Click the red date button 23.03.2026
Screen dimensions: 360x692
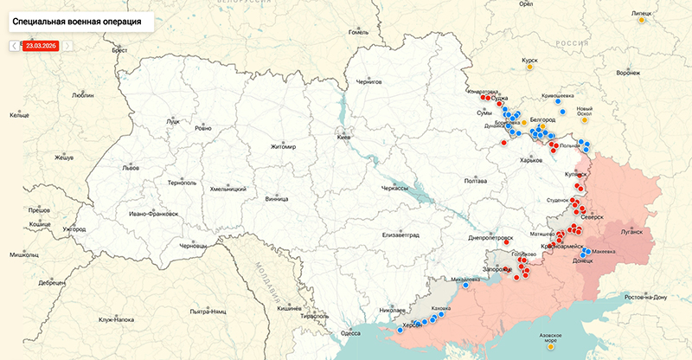41,45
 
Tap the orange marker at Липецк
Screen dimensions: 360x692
641,20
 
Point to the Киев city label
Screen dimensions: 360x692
344,138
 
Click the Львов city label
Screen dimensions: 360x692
131,167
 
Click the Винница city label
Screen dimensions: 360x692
277,198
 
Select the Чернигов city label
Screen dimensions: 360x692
369,81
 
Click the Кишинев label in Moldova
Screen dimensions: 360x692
288,308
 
